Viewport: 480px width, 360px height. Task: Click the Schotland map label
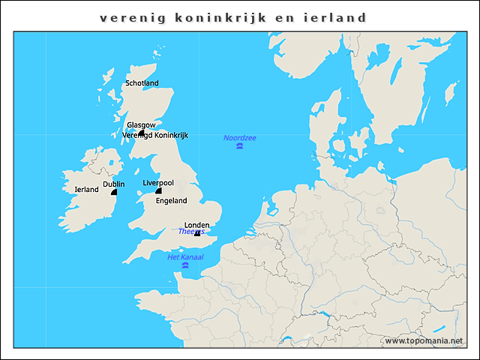[x=142, y=83]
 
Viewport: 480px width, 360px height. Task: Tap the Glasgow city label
[x=141, y=125]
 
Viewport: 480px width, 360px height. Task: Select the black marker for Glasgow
[x=141, y=133]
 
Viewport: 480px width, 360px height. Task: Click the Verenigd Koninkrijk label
[x=155, y=136]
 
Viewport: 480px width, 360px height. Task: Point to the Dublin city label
[x=114, y=184]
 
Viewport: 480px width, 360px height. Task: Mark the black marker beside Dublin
[x=114, y=192]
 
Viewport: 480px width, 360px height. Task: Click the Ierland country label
[x=87, y=190]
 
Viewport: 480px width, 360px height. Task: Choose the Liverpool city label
[x=158, y=183]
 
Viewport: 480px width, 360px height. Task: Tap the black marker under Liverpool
[x=158, y=191]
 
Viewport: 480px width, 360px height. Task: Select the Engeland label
[x=171, y=201]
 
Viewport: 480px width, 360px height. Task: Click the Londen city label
[x=196, y=225]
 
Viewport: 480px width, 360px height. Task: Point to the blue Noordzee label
[x=239, y=138]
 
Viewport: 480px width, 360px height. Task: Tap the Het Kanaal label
[x=185, y=257]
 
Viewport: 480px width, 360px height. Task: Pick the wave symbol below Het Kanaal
[x=184, y=265]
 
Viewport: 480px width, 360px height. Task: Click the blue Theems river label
[x=190, y=232]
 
